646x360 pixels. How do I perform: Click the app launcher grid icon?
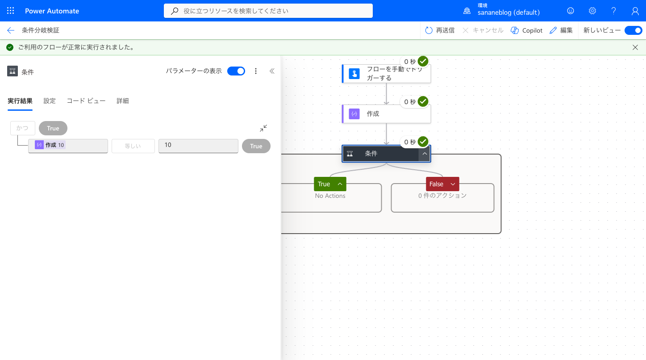click(x=10, y=11)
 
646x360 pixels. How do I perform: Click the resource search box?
click(x=268, y=11)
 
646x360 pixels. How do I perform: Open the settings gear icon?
click(x=592, y=11)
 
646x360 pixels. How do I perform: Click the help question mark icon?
click(x=613, y=11)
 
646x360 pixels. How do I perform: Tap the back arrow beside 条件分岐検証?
click(x=11, y=30)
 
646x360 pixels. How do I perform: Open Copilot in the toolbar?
click(x=526, y=30)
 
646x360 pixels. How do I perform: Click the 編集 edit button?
click(x=561, y=30)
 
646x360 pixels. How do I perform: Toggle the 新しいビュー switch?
click(x=633, y=30)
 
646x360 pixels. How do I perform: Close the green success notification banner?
click(x=635, y=47)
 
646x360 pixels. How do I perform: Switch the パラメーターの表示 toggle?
click(x=236, y=71)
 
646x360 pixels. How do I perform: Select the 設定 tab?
click(x=49, y=100)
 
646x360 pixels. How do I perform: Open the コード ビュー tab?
click(x=86, y=100)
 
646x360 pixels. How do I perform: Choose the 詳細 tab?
click(x=123, y=100)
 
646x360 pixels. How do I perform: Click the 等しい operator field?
click(x=133, y=146)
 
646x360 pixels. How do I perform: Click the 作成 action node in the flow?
click(x=386, y=113)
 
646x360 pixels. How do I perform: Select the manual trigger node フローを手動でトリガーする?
click(x=386, y=74)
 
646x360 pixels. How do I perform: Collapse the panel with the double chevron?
click(x=272, y=71)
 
